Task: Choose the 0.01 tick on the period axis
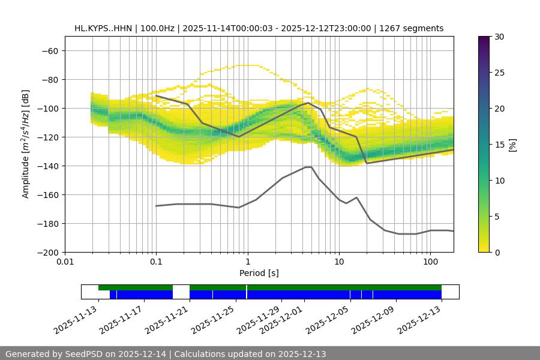pos(65,262)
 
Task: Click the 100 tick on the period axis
pos(430,262)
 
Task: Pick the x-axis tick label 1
pos(248,262)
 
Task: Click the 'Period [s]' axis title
pos(259,273)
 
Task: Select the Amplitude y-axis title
pos(26,144)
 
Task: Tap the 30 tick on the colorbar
pos(499,37)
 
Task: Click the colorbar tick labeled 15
pos(499,145)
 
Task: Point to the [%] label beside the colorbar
pos(512,145)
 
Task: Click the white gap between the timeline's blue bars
pos(181,294)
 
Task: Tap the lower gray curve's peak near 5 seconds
pos(308,167)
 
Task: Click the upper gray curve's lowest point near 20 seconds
pos(367,163)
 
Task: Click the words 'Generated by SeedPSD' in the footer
pos(55,354)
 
